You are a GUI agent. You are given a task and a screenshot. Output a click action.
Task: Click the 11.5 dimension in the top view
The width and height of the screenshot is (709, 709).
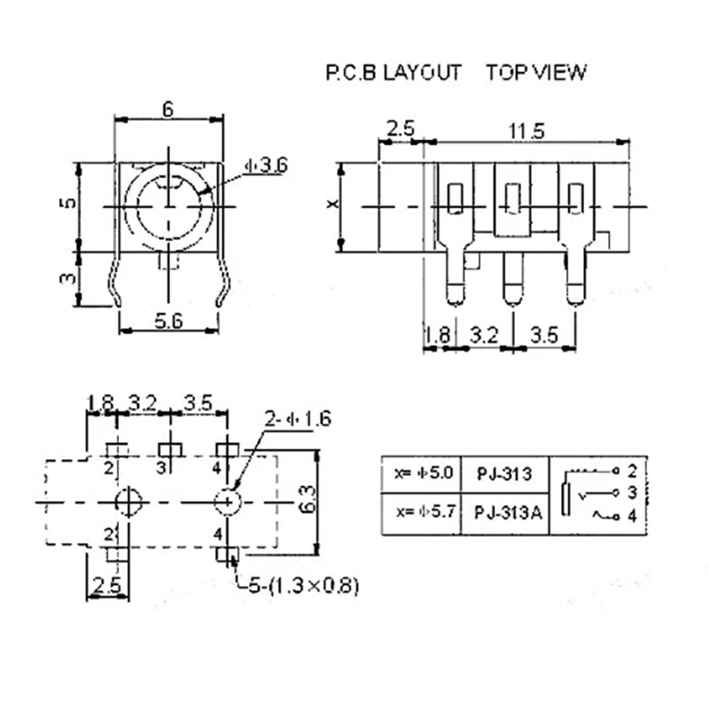526,131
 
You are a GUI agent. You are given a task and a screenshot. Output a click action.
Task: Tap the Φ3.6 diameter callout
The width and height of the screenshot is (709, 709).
266,166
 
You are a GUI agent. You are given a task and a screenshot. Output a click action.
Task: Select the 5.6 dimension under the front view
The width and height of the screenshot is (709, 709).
168,321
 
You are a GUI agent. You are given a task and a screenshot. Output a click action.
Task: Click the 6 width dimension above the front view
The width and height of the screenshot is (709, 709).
168,109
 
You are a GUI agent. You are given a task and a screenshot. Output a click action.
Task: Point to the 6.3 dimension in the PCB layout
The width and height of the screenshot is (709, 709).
308,499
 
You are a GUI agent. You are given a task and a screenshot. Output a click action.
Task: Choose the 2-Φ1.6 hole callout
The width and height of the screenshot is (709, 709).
298,418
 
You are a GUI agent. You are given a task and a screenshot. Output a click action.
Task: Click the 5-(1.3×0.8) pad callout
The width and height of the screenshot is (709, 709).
304,586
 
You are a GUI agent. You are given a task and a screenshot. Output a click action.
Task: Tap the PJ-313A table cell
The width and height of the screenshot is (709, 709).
508,513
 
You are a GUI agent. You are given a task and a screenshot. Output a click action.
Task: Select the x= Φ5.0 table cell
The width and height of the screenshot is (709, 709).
424,473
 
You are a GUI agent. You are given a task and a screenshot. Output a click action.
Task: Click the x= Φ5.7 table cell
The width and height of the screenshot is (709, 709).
425,512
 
